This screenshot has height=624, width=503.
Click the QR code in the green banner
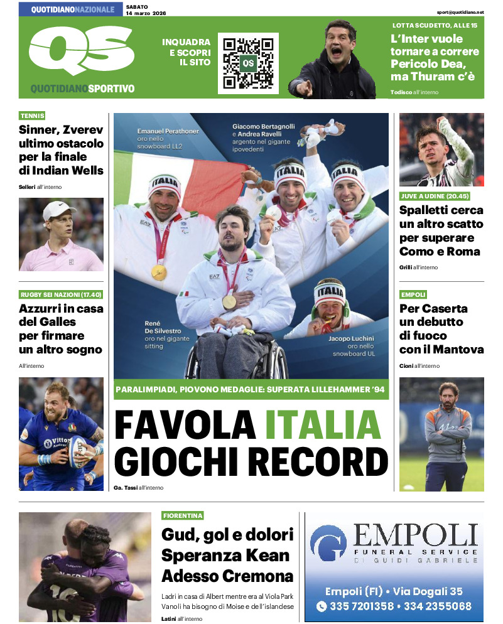(x=248, y=63)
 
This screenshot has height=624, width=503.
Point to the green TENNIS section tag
(x=32, y=116)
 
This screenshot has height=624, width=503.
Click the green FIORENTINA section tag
(x=183, y=515)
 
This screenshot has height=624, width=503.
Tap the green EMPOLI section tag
(x=413, y=294)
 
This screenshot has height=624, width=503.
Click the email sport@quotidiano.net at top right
(x=461, y=12)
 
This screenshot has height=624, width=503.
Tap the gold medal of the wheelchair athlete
(x=229, y=301)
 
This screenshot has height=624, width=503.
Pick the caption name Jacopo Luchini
(x=351, y=338)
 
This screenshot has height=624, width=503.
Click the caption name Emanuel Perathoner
(x=168, y=132)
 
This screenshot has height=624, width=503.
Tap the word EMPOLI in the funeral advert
(x=415, y=537)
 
